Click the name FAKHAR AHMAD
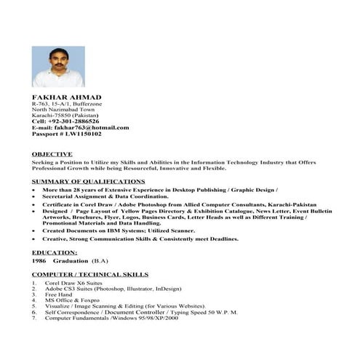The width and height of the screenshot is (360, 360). coord(67,97)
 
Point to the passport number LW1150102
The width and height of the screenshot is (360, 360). coord(82,134)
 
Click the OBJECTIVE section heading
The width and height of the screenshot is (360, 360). coord(52,154)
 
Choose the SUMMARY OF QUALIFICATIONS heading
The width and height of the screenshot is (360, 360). coord(88,180)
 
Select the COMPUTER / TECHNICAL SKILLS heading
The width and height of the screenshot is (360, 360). coord(90,275)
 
